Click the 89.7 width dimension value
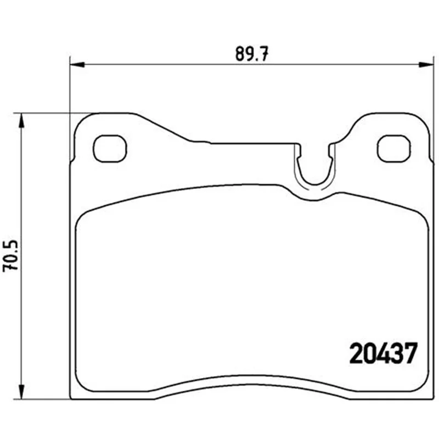(x=252, y=53)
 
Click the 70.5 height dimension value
(x=10, y=255)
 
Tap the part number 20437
(x=383, y=353)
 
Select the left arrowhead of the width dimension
(x=77, y=65)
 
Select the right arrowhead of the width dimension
(x=426, y=65)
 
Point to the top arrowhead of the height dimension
(x=21, y=121)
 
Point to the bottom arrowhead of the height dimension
(x=21, y=391)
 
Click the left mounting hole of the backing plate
(x=109, y=148)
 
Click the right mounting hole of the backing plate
(x=394, y=148)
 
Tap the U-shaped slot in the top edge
(x=314, y=183)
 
